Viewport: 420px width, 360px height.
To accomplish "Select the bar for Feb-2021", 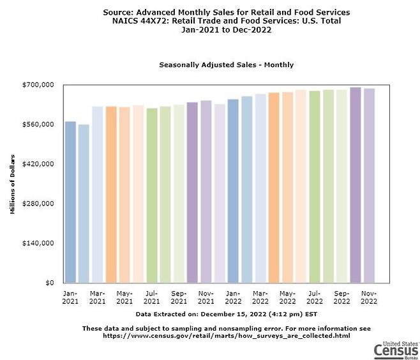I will [x=84, y=204].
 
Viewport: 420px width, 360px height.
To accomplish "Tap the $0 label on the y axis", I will [x=49, y=283].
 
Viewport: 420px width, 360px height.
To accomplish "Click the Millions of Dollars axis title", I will [x=13, y=184].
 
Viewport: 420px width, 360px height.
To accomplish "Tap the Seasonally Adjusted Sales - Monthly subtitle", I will [x=226, y=65].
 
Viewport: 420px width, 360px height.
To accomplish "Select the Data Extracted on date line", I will [x=227, y=314].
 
